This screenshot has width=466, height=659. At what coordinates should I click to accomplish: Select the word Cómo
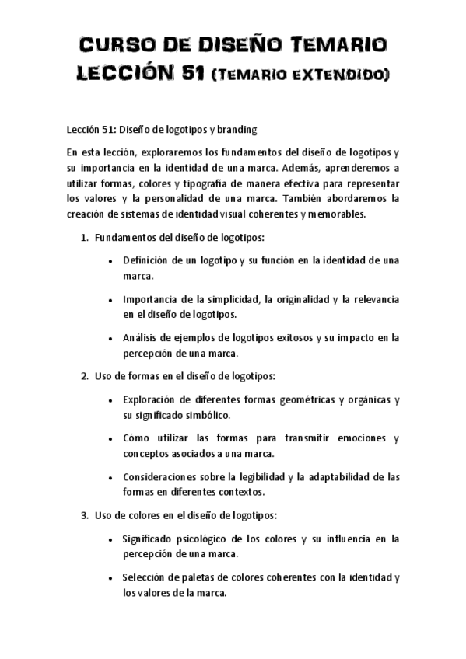click(135, 438)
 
